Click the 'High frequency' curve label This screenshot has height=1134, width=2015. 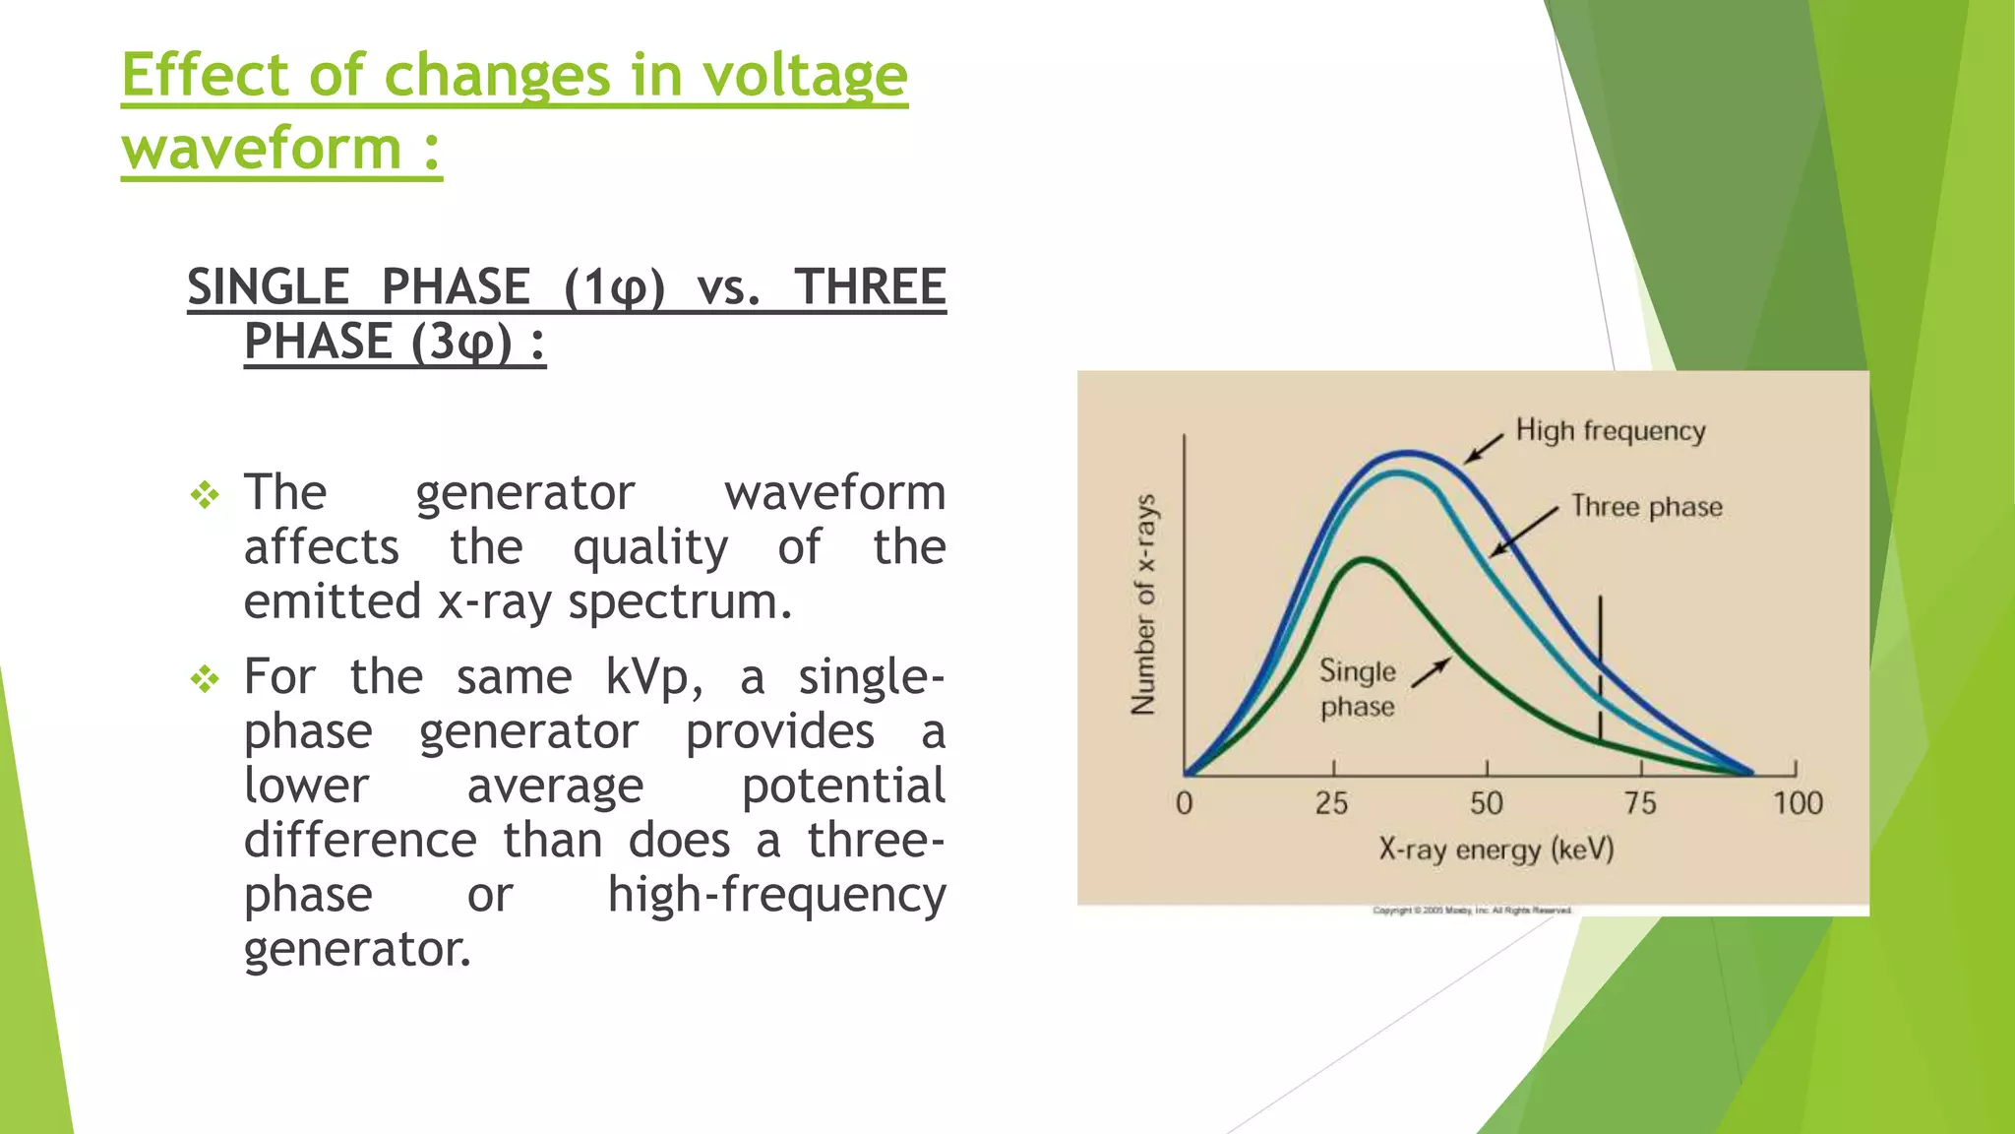tap(1610, 431)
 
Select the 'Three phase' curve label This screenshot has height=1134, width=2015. tap(1646, 507)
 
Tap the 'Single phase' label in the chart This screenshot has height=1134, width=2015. tap(1357, 688)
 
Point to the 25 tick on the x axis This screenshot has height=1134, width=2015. tap(1332, 803)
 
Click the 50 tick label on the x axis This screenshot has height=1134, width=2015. tap(1486, 803)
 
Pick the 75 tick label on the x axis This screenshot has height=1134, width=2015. tap(1639, 803)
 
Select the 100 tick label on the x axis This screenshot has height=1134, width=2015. tap(1798, 803)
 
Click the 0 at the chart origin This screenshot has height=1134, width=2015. tap(1185, 803)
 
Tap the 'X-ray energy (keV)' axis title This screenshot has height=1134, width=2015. tap(1496, 849)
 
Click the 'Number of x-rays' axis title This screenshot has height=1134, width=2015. tap(1143, 604)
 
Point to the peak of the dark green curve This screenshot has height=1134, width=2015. tap(1365, 559)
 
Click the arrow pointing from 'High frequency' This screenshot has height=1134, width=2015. tap(1484, 448)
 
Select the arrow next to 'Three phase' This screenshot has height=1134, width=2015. tap(1524, 533)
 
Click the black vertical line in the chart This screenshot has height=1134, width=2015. tap(1600, 669)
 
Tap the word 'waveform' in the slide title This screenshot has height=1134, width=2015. tap(261, 149)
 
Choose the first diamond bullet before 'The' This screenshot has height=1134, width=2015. tap(205, 494)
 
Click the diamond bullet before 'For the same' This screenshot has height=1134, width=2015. tap(205, 678)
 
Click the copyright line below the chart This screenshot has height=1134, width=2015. tap(1472, 911)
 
